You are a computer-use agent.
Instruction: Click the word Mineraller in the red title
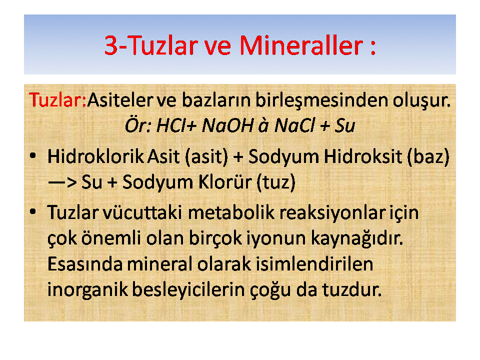pos(301,45)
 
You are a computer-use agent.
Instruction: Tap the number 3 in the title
pos(111,45)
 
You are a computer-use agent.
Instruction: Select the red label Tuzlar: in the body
pos(57,100)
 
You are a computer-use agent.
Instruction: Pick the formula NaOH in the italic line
pos(228,125)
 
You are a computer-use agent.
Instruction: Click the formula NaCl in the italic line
pos(294,125)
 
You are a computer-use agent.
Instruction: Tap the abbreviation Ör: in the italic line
pos(138,125)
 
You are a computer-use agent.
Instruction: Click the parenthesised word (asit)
pos(206,156)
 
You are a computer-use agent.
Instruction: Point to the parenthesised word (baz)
pos(428,156)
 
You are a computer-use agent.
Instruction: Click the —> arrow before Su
pos(62,182)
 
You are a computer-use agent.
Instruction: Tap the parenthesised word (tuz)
pos(276,182)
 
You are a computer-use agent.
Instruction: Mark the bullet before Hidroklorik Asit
pos(33,156)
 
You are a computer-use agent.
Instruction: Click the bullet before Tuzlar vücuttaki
pos(33,212)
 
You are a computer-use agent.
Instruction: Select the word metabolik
pos(231,212)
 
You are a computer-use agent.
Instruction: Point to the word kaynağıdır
pos(357,238)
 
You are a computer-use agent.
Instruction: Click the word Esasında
pos(85,264)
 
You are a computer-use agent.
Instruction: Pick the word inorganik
pos(87,290)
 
